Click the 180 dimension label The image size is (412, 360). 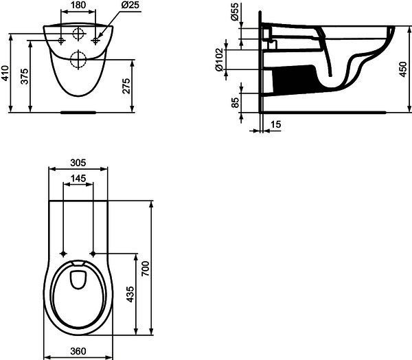tap(78, 5)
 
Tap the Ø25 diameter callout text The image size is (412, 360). tap(130, 5)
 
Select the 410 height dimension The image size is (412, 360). tap(5, 74)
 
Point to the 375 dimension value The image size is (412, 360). tap(25, 76)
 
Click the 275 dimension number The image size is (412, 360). tap(126, 86)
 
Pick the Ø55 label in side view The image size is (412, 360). tap(235, 12)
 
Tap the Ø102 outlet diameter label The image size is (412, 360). tap(219, 60)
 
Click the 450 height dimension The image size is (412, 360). tap(403, 69)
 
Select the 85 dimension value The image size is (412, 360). tap(236, 102)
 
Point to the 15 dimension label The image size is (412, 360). tap(276, 124)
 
